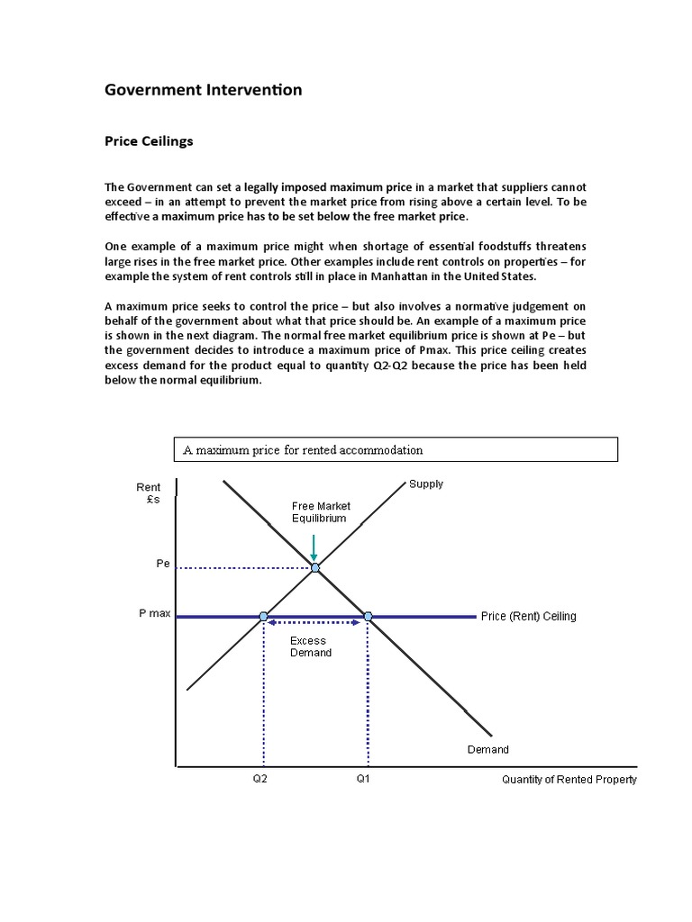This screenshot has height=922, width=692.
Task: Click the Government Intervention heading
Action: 204,90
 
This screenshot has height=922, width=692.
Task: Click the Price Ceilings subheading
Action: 149,141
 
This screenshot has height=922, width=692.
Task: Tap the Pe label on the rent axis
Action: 163,564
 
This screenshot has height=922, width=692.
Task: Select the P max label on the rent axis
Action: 154,613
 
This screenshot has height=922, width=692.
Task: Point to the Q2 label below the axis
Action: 259,780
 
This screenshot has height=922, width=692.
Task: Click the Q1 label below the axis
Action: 363,780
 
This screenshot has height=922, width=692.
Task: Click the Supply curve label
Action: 426,484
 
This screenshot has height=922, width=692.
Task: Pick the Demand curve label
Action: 487,750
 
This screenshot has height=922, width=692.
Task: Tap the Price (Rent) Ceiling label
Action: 528,617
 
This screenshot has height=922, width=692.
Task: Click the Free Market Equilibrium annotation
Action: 321,512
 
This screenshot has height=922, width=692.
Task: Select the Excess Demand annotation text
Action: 310,647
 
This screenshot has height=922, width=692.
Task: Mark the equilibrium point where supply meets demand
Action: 314,567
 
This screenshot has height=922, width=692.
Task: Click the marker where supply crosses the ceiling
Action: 263,617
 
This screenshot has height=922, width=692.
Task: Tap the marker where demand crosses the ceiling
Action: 368,617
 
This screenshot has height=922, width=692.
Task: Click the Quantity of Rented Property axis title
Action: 569,780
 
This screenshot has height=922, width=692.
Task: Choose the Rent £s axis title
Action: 150,493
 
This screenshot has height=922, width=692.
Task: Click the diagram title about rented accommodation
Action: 303,450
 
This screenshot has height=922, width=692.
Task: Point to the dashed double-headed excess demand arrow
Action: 315,623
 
